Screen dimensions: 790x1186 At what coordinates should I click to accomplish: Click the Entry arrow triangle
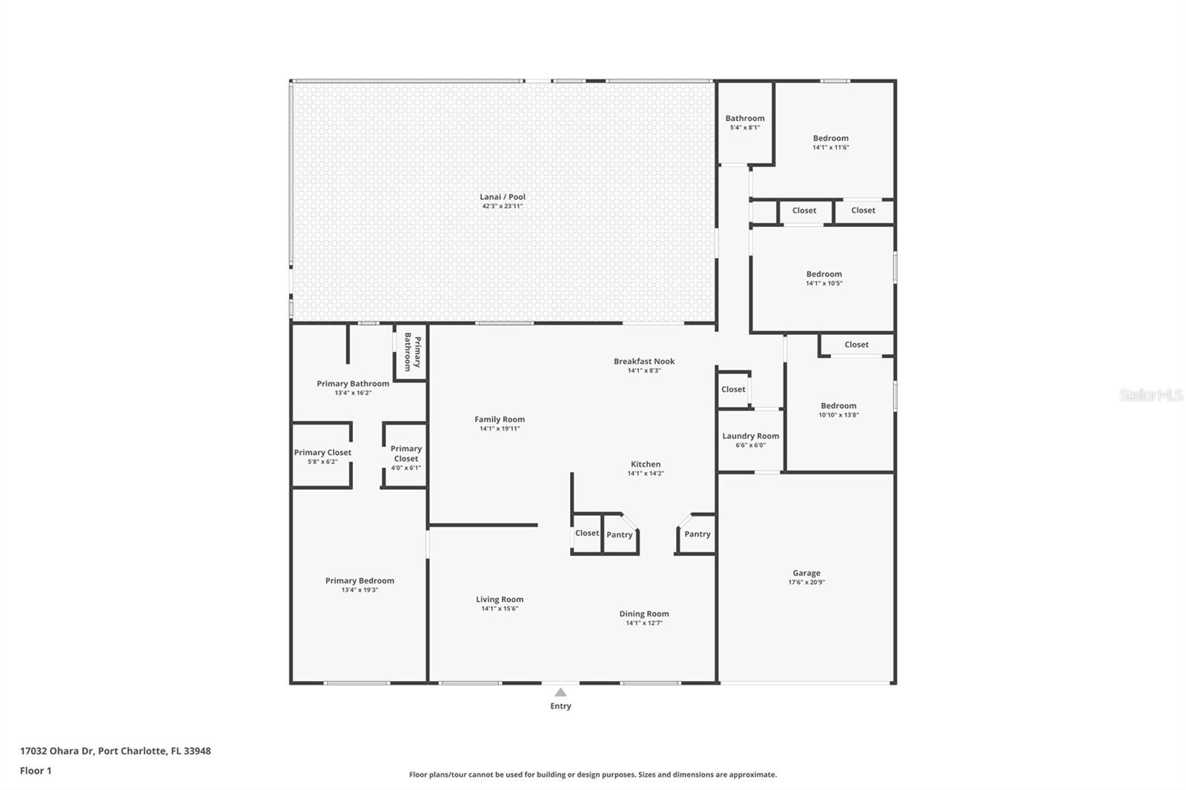click(561, 692)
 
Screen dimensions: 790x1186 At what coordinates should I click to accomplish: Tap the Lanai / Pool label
click(502, 197)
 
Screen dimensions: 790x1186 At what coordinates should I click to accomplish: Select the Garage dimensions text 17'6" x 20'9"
click(806, 582)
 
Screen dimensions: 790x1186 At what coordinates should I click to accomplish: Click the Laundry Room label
click(750, 436)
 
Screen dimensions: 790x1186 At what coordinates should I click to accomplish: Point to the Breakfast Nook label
click(643, 362)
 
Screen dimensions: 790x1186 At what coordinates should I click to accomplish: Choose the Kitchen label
click(645, 465)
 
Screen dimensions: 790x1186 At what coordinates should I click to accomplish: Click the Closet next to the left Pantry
click(586, 534)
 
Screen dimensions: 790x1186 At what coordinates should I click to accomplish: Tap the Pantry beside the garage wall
click(697, 534)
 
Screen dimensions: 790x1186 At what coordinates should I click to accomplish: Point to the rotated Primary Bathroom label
click(412, 352)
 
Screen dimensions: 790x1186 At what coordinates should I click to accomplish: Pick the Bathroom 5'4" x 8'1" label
click(744, 119)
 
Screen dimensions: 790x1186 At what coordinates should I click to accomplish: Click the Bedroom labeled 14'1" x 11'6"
click(830, 139)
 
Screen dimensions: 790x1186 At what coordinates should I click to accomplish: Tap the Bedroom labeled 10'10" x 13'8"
click(838, 406)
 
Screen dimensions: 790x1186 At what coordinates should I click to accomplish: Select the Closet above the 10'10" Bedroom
click(856, 345)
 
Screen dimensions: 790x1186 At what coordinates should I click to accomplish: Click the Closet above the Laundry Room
click(733, 390)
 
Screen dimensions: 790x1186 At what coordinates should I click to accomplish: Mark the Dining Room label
click(643, 614)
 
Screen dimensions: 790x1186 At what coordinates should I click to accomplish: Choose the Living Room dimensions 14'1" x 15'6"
click(499, 609)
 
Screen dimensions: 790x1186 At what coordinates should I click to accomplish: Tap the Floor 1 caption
click(36, 771)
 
